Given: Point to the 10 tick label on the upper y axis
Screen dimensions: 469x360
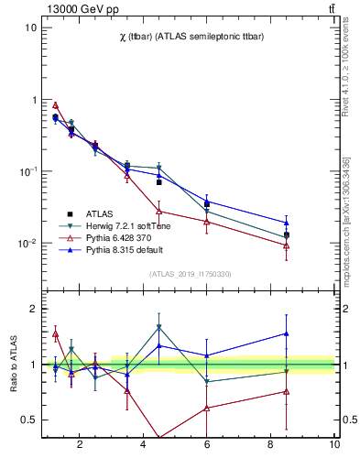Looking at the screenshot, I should click(x=29, y=27).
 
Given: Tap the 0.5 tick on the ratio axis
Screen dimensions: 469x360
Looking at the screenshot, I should click(x=27, y=420).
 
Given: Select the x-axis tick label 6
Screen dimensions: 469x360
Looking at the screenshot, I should click(x=207, y=445).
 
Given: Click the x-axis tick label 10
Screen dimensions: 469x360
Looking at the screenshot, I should click(x=334, y=445).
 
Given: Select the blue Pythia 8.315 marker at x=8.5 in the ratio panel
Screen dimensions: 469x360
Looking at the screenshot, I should click(x=287, y=333).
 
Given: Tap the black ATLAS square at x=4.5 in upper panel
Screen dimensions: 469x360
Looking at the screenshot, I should click(x=158, y=182).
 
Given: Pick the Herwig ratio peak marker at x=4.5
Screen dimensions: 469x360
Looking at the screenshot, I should click(x=158, y=327).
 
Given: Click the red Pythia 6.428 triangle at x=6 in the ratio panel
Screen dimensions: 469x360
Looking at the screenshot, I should click(x=207, y=408).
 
